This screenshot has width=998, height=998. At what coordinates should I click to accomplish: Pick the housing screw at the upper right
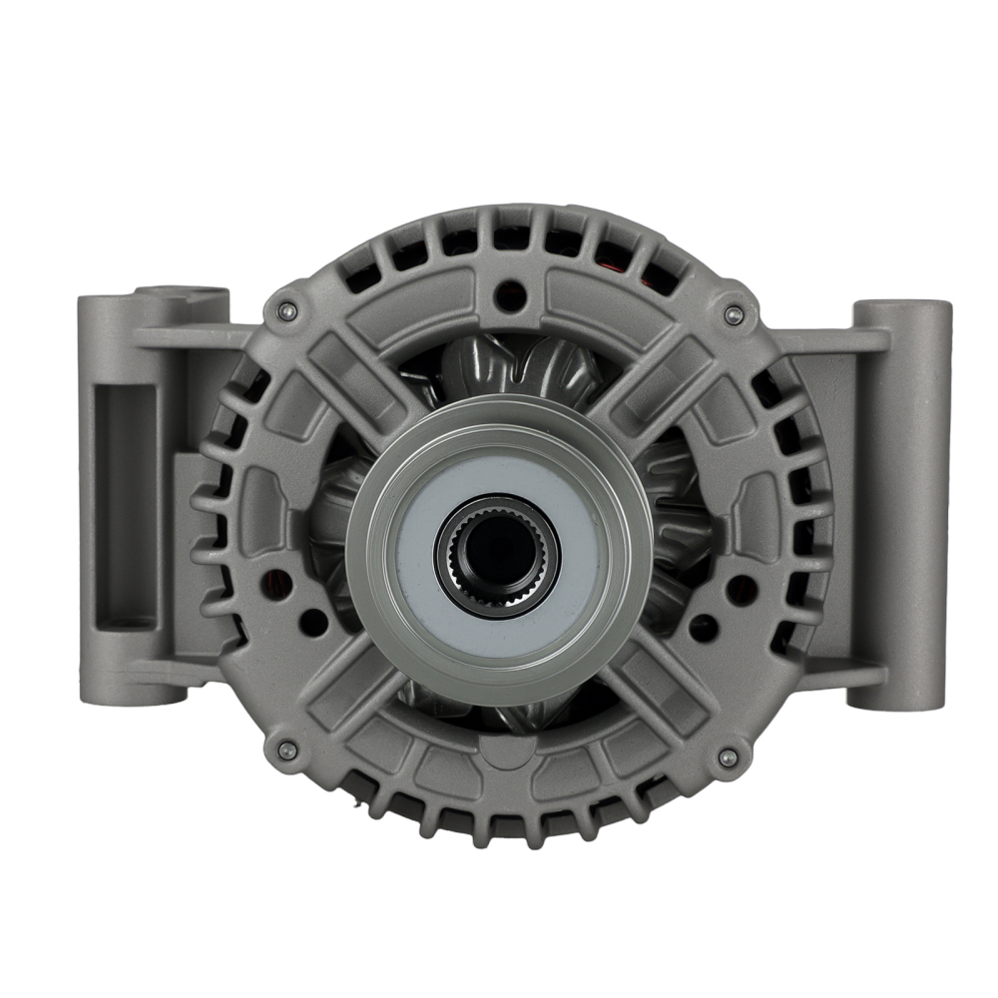click(734, 315)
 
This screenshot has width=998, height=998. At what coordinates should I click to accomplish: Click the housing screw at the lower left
click(285, 750)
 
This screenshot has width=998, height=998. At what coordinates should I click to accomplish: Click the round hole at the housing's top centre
click(511, 293)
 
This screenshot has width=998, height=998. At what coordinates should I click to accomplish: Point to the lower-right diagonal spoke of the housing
click(664, 689)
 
